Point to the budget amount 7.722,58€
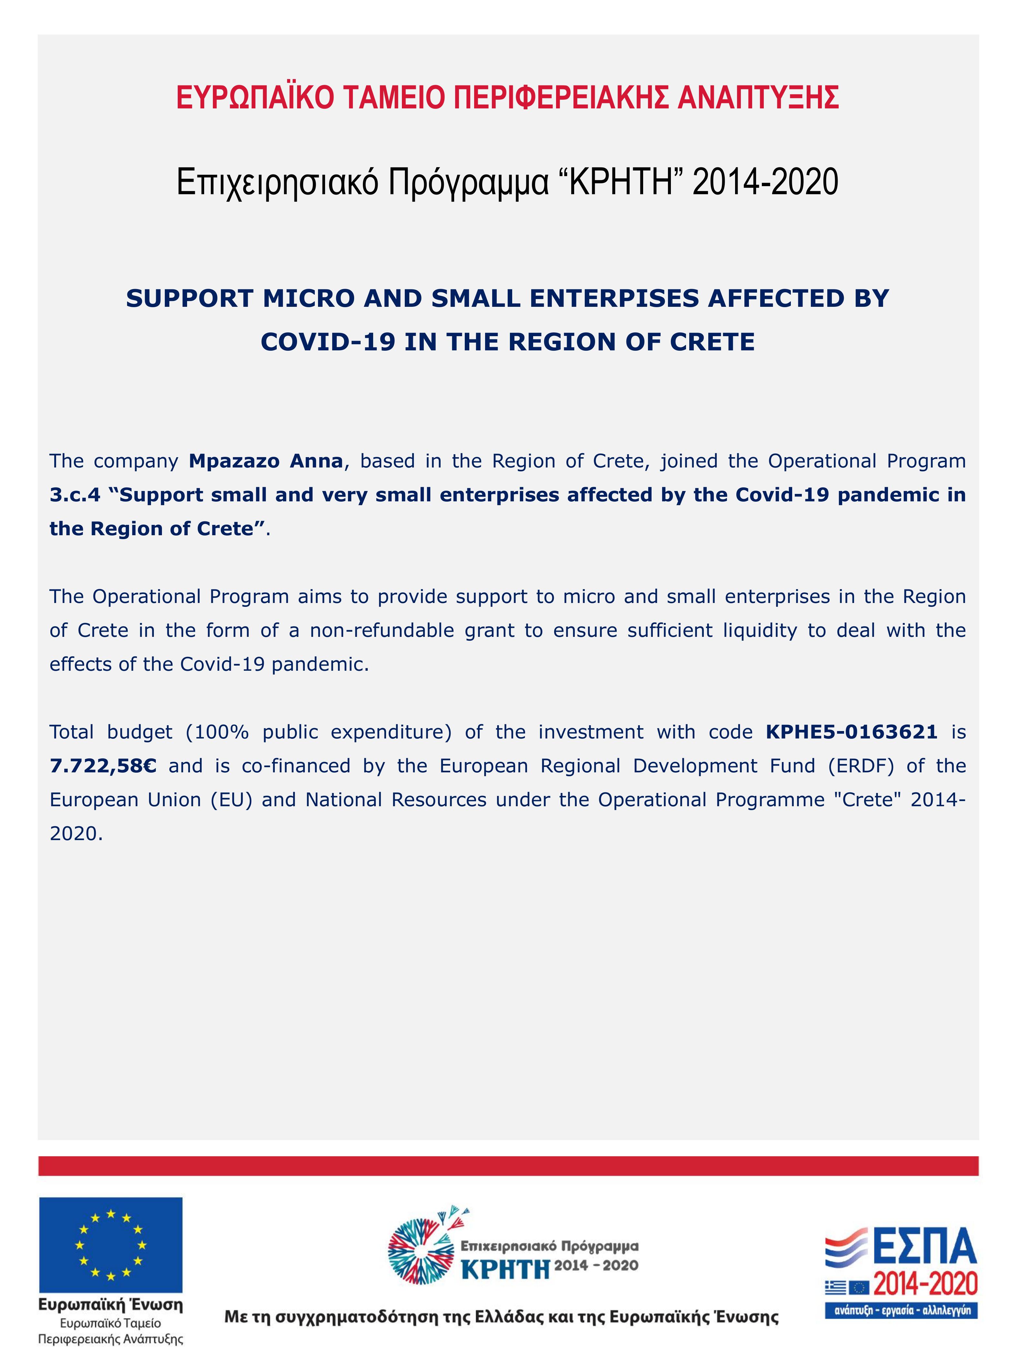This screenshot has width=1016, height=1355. [x=103, y=766]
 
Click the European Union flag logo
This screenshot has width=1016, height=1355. [x=111, y=1245]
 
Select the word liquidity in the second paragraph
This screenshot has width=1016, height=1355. [x=759, y=630]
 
